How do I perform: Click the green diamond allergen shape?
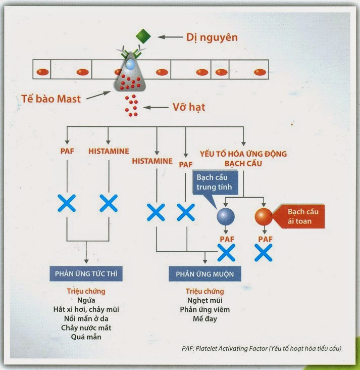pos(143,36)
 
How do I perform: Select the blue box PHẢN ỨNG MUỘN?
pos(204,274)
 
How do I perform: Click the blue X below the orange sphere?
pos(264,252)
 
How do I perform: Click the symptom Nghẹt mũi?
pos(204,300)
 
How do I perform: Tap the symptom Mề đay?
pos(204,319)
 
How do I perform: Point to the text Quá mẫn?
pos(86,337)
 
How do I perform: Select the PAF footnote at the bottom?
pos(262,348)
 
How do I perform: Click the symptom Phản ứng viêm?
pos(204,309)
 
